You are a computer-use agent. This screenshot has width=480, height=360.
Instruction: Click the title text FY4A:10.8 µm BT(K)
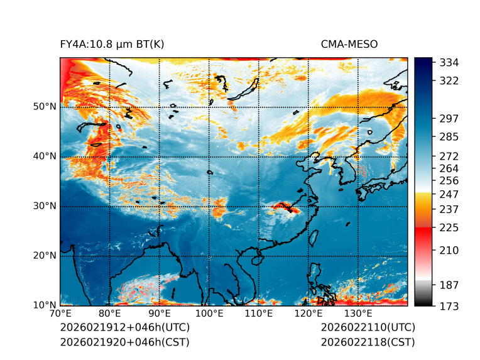click(x=112, y=44)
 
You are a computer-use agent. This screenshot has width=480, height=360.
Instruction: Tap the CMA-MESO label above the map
click(x=349, y=44)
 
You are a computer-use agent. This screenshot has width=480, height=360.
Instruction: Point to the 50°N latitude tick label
click(x=45, y=107)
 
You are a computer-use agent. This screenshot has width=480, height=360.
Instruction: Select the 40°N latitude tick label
click(x=45, y=156)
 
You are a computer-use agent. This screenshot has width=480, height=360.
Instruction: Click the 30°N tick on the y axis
click(x=45, y=206)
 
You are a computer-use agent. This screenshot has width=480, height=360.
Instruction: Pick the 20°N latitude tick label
click(x=45, y=256)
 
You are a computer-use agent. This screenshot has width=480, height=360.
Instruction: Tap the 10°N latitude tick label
click(x=45, y=305)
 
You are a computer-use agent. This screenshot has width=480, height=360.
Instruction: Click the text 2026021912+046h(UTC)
click(x=124, y=328)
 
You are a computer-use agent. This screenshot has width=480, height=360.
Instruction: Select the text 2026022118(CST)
click(x=368, y=342)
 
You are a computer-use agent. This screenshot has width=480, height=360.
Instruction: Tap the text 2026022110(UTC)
click(x=368, y=328)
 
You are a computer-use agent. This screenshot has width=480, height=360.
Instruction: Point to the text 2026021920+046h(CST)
click(x=124, y=342)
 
